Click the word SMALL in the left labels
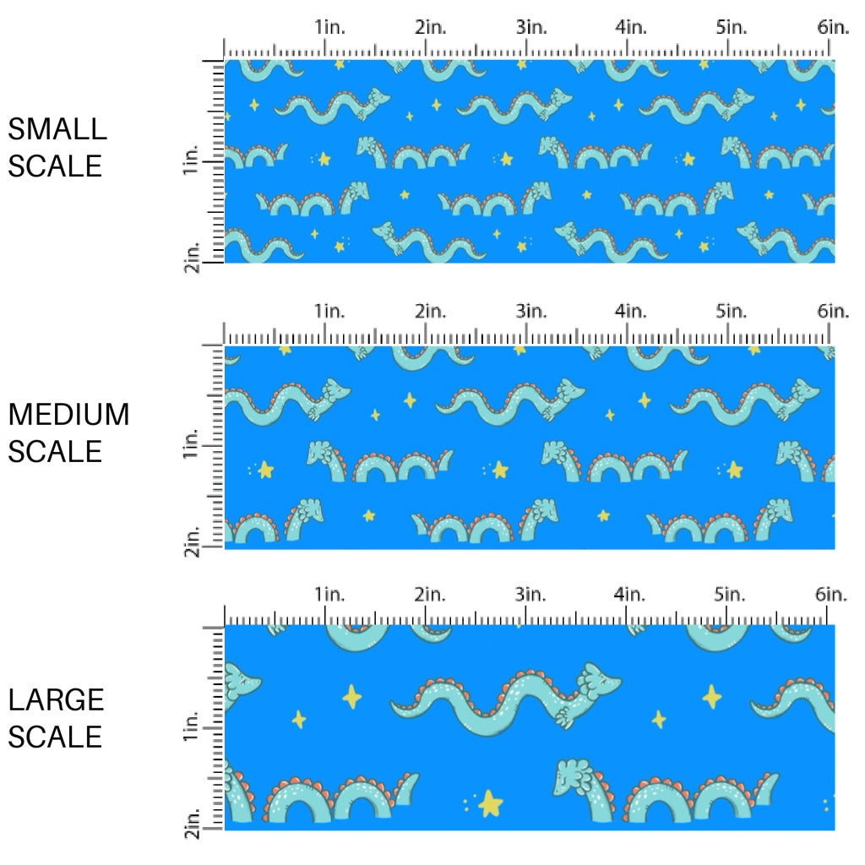[x=57, y=129]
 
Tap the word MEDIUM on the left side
[x=68, y=415]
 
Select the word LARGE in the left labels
[x=57, y=699]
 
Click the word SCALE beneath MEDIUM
[x=56, y=451]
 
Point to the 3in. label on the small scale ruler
[x=531, y=27]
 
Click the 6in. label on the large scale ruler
[x=833, y=595]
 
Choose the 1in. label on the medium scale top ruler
[x=331, y=312]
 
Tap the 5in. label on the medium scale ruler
[x=732, y=312]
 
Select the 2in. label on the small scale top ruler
[x=431, y=27]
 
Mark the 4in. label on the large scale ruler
[x=630, y=595]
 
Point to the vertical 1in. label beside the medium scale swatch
[x=191, y=444]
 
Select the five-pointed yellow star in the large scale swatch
[x=489, y=802]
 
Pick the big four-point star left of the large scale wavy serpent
[x=351, y=697]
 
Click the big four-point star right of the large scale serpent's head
[x=712, y=696]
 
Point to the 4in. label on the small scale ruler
[x=632, y=27]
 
